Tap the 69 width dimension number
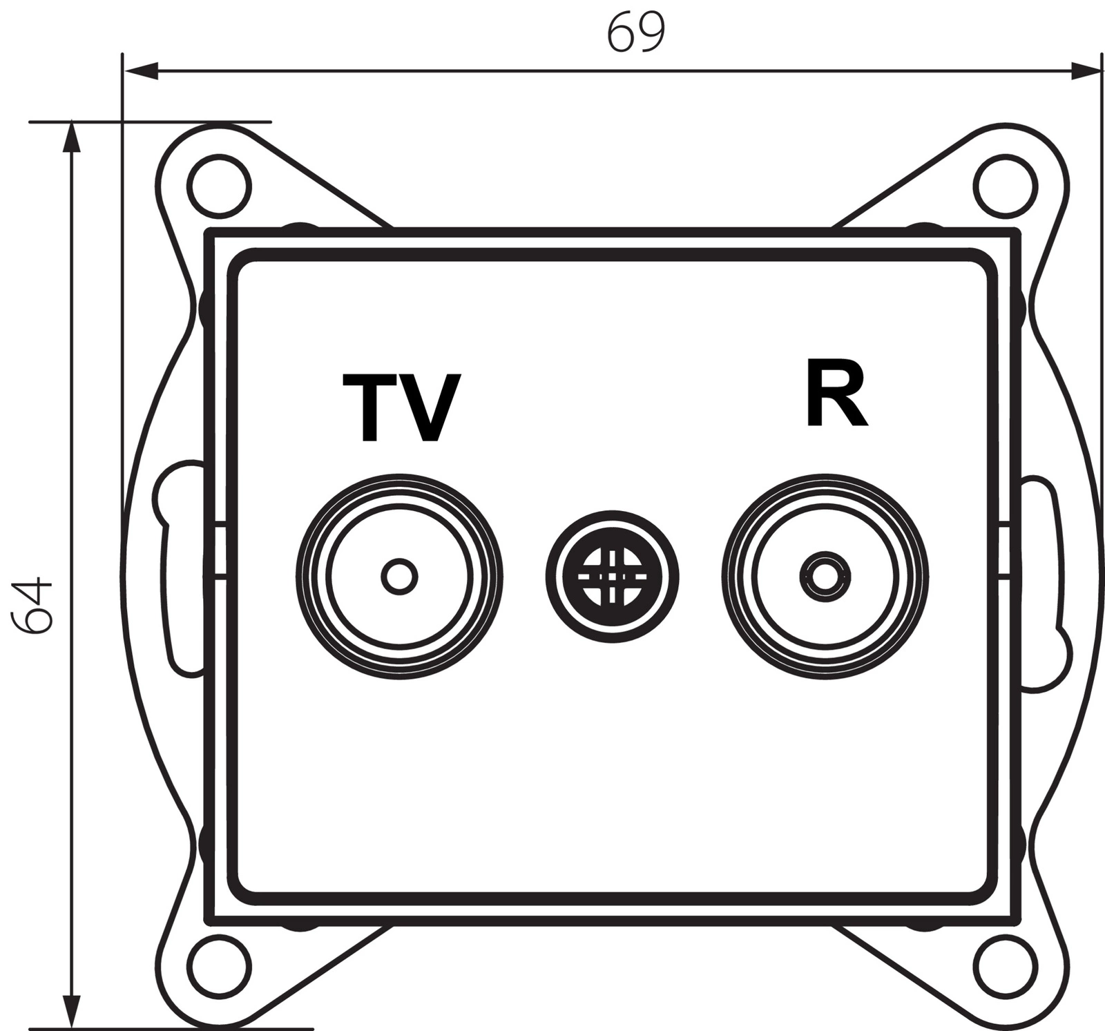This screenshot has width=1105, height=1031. coord(637,32)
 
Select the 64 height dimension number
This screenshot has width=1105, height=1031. coord(33,606)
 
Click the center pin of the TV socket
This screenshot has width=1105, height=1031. coord(399,576)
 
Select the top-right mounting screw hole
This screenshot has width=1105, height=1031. coord(1006,186)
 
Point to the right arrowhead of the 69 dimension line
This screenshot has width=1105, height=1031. coord(1084,70)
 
